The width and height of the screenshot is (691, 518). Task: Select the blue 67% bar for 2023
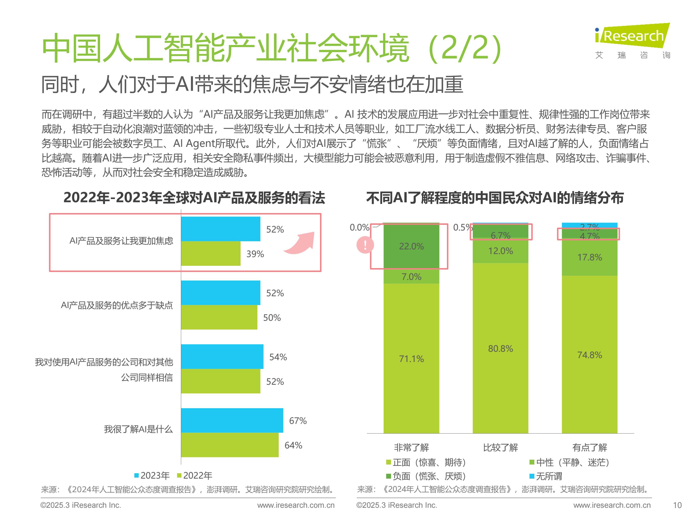232,420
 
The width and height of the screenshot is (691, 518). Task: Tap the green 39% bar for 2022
211,254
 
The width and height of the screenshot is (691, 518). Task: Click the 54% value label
278,357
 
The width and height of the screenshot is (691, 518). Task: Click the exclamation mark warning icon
365,245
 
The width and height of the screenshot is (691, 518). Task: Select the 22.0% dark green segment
411,246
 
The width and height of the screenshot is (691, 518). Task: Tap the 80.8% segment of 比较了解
500,348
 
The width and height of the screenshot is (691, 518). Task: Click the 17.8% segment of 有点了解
589,257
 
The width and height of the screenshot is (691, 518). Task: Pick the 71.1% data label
411,359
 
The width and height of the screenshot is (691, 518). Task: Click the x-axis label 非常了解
411,447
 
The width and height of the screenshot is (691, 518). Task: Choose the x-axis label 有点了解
589,447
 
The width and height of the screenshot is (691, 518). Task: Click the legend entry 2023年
152,475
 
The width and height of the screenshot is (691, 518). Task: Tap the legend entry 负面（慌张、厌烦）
426,476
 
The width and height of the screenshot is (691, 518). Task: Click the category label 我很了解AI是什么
138,429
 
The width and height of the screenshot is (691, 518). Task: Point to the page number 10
677,505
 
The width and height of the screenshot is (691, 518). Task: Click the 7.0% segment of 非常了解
411,277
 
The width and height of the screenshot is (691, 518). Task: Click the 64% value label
293,445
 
